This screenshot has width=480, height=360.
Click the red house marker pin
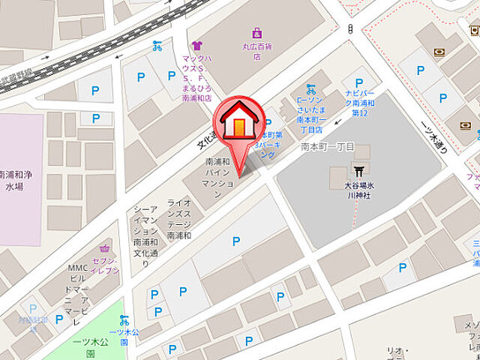[238, 124]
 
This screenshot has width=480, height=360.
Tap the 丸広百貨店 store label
[257, 49]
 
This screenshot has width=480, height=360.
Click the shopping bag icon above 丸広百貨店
[257, 33]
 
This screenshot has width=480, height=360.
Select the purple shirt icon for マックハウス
[196, 46]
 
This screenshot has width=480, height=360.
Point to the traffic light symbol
[350, 28]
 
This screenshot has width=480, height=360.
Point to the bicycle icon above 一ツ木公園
[124, 320]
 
